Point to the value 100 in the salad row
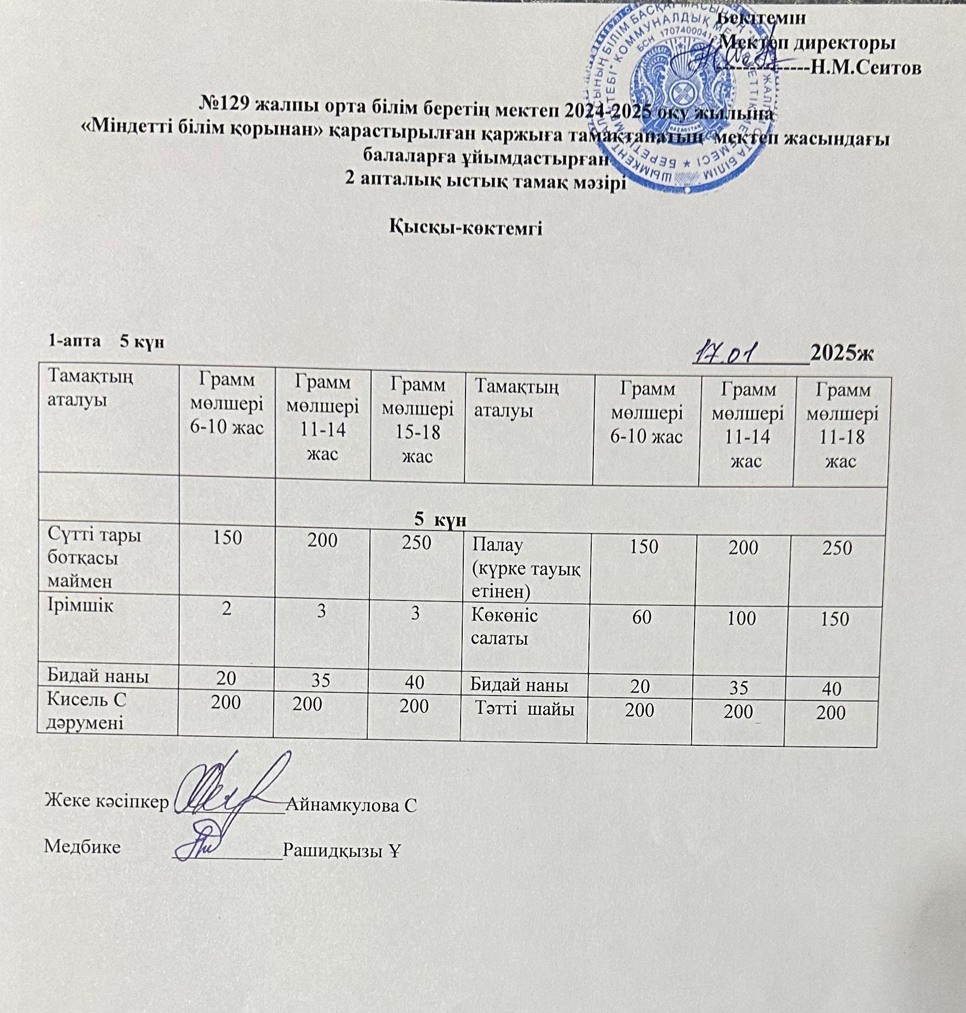pos(741,618)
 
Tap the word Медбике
pos(83,847)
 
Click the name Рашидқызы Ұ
pos(342,850)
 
